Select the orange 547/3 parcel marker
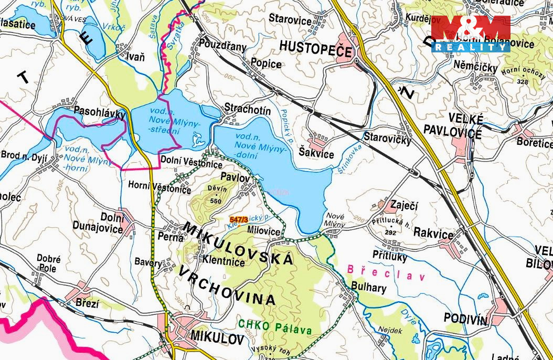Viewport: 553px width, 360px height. [239, 219]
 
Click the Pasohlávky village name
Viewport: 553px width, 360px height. [99, 111]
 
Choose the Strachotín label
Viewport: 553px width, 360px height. [248, 110]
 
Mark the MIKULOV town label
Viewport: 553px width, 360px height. [218, 336]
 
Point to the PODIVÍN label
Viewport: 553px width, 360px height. [466, 318]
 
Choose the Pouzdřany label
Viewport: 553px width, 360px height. [223, 46]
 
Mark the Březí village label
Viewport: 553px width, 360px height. [87, 303]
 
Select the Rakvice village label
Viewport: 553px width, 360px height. [433, 234]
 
